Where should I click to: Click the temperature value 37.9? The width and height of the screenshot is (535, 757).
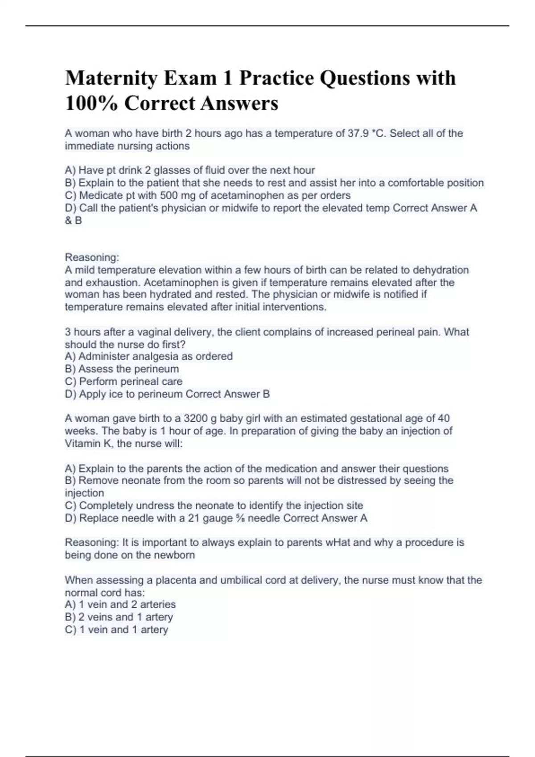(357, 134)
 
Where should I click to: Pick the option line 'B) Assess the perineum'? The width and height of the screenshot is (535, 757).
(122, 369)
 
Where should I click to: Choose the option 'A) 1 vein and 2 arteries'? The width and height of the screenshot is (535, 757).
(120, 604)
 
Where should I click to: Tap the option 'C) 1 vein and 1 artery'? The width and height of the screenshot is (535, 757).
(116, 630)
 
